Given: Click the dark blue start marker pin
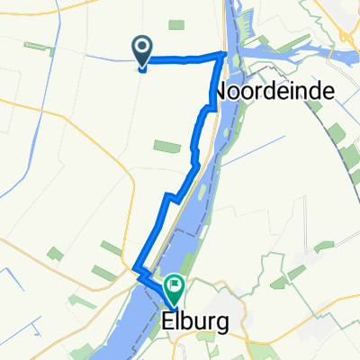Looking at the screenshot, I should pos(142,51).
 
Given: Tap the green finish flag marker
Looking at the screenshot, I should pos(174,288).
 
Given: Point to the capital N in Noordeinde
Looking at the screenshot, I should pos(221,91).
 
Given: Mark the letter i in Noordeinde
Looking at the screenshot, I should pos(287,91).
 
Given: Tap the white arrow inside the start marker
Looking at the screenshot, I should pos(142,47).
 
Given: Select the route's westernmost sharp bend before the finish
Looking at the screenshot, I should pos(135,269).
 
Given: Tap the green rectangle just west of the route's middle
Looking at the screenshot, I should pos(167,145).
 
